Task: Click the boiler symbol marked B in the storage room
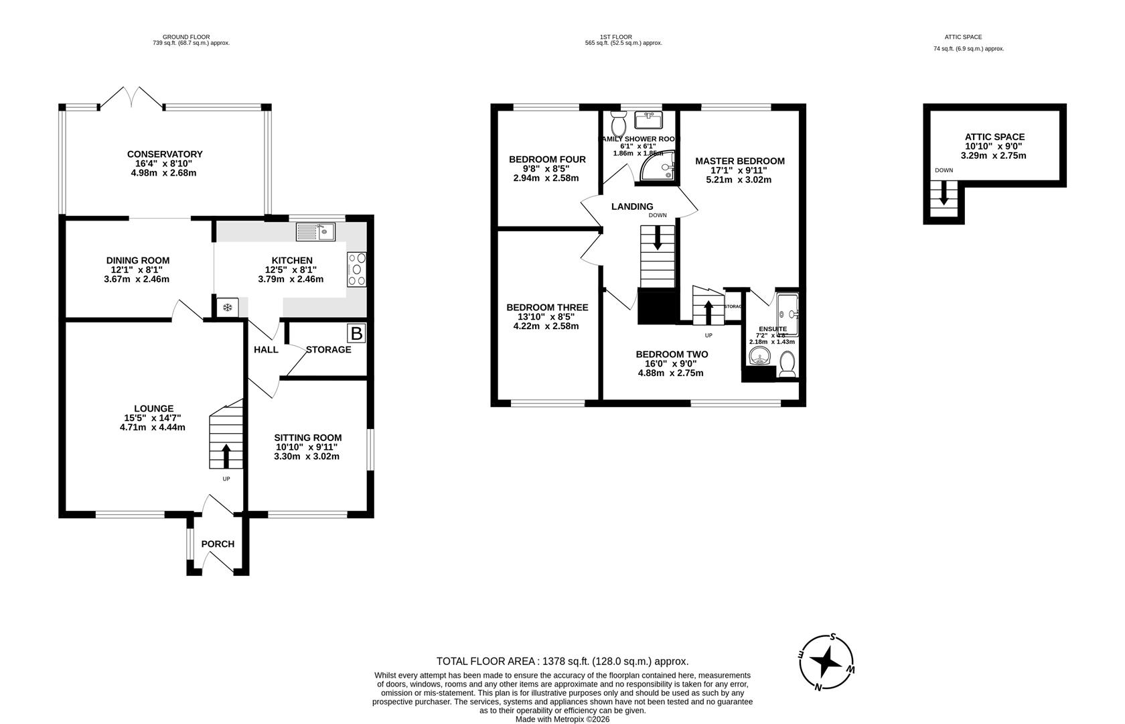tap(357, 333)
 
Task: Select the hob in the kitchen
tap(357, 269)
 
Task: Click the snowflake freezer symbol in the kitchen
tap(228, 308)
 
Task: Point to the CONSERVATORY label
tap(165, 154)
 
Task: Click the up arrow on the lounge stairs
tap(226, 456)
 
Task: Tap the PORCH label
tap(218, 544)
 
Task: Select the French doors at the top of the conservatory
tap(131, 98)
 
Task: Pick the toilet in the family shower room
tap(619, 123)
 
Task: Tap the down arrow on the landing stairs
tap(657, 238)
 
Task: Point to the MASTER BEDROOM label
tap(739, 161)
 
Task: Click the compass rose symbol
tap(826, 662)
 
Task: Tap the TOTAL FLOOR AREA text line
tap(562, 661)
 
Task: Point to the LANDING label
tap(631, 206)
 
